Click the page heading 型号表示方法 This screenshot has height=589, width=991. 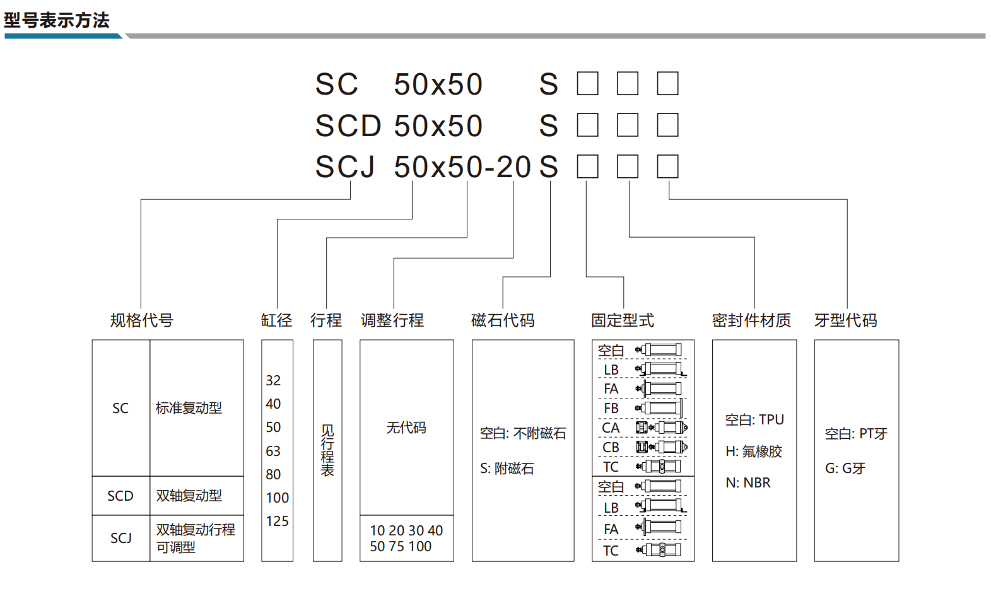tap(57, 20)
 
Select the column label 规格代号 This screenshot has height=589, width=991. tap(141, 320)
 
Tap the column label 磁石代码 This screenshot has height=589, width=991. tap(503, 320)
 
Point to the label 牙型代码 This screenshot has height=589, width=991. tap(846, 320)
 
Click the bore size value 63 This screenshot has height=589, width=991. tap(273, 451)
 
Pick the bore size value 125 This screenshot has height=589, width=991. tap(278, 522)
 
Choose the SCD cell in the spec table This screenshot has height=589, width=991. tap(120, 496)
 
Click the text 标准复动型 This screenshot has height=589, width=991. tap(189, 408)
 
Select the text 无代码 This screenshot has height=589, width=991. tap(406, 428)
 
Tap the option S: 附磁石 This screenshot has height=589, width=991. tap(507, 469)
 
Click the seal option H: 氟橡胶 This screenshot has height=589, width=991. tap(754, 451)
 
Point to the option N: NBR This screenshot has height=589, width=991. tap(748, 482)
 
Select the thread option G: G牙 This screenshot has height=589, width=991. tap(845, 469)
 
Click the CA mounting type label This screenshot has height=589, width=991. tap(611, 428)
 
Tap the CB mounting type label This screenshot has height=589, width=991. tap(611, 448)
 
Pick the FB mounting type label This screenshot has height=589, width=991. tap(611, 408)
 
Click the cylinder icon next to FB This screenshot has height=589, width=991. tap(659, 408)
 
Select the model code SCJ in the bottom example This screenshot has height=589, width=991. tap(344, 166)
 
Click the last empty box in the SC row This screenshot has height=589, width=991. tap(667, 84)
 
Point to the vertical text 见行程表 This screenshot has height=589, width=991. tap(327, 451)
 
